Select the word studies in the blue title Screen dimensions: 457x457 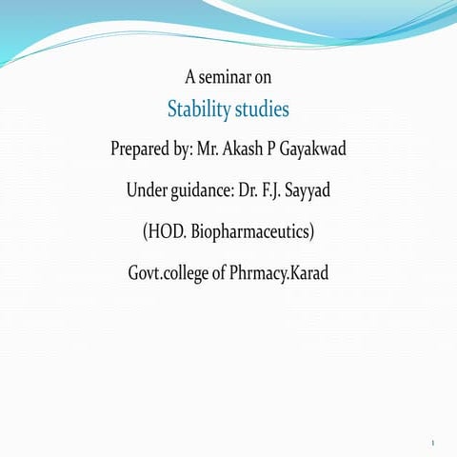pyautogui.click(x=260, y=109)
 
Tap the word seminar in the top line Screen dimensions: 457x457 pyautogui.click(x=227, y=76)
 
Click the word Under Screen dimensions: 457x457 pyautogui.click(x=147, y=190)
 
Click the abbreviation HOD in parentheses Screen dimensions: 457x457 pyautogui.click(x=167, y=231)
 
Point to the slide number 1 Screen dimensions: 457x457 pyautogui.click(x=432, y=444)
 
